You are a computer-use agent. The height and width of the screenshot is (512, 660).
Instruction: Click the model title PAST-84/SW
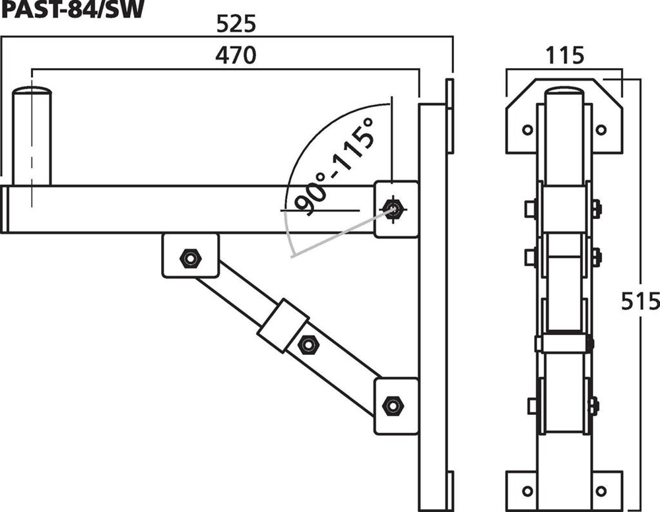[73, 9]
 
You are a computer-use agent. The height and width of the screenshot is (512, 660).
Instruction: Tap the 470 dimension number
[236, 55]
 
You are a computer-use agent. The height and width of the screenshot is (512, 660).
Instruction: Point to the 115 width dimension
[565, 55]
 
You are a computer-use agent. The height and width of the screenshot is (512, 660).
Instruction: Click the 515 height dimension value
[640, 302]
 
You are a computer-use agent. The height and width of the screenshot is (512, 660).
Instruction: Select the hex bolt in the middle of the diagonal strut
[308, 345]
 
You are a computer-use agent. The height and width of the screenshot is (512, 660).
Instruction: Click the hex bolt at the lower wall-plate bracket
[393, 406]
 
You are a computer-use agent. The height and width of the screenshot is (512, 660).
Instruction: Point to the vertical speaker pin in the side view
[32, 136]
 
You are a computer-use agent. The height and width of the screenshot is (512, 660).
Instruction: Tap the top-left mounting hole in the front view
[527, 129]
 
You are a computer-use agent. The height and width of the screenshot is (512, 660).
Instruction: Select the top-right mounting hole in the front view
[601, 129]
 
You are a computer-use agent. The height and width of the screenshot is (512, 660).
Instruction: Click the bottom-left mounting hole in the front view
[527, 490]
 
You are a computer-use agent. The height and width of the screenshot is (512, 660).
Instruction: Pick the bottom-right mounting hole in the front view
[601, 490]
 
